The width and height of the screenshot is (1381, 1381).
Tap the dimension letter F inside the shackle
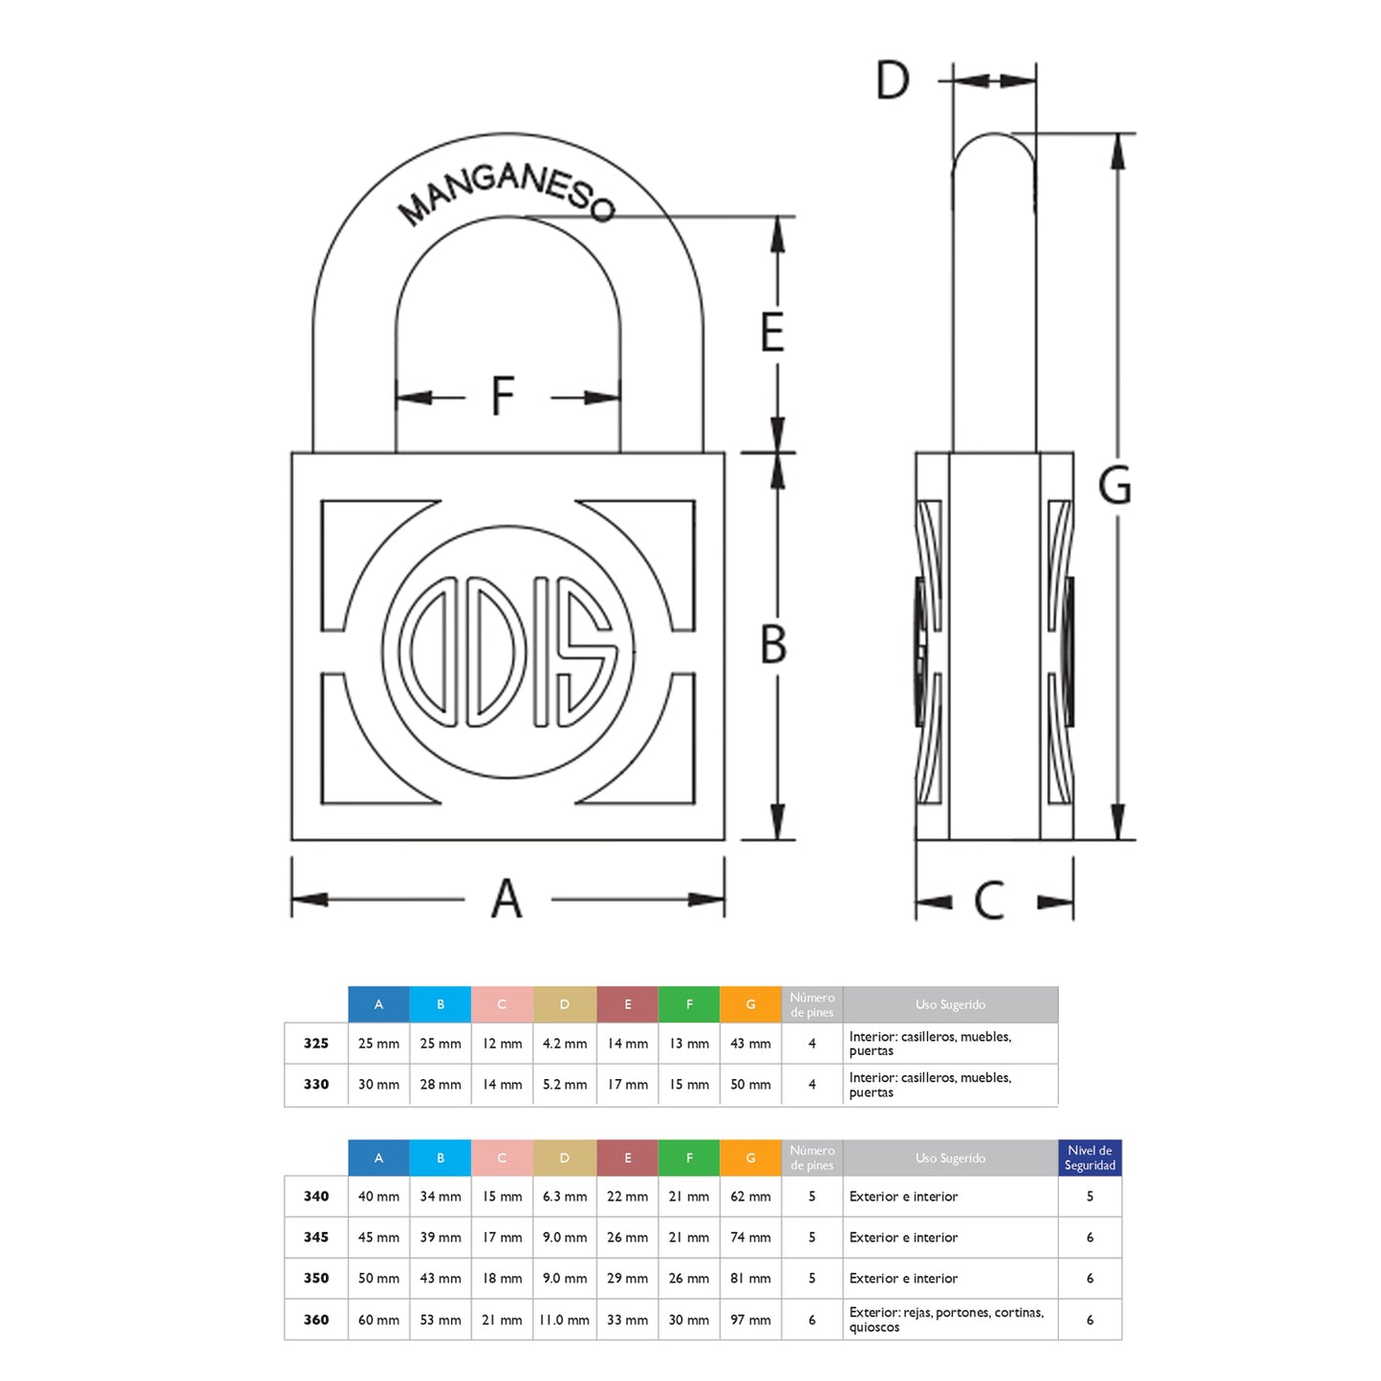click(x=503, y=396)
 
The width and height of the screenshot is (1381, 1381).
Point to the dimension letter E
click(x=772, y=332)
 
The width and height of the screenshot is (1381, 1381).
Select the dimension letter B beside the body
click(x=773, y=644)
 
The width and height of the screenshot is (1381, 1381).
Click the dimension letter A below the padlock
click(x=507, y=899)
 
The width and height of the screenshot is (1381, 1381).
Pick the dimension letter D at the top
click(x=893, y=80)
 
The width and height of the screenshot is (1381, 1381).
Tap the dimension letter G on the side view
click(x=1114, y=486)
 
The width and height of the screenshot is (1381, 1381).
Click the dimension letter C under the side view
click(x=989, y=900)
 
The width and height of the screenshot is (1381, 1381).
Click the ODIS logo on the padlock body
click(x=507, y=652)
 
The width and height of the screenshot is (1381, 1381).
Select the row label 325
click(x=315, y=1044)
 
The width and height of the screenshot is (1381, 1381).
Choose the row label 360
click(x=315, y=1320)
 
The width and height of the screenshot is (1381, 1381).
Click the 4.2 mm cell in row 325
click(x=565, y=1044)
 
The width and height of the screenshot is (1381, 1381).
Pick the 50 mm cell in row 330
click(x=750, y=1085)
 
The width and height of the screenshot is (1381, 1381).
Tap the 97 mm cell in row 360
click(x=750, y=1320)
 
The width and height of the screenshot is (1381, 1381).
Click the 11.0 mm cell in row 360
click(x=565, y=1320)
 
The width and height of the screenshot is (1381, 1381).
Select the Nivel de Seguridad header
click(x=1090, y=1157)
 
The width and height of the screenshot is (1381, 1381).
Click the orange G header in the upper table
click(x=750, y=1004)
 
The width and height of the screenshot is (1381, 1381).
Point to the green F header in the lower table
click(x=689, y=1157)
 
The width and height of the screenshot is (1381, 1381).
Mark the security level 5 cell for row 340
click(x=1090, y=1197)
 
